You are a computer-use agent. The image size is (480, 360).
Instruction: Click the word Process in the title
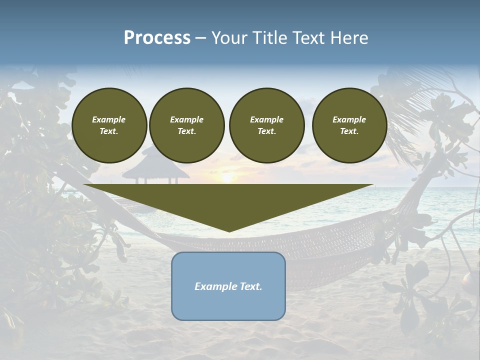(157, 38)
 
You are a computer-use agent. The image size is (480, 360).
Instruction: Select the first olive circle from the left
(109, 125)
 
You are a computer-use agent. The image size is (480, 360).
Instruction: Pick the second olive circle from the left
(186, 125)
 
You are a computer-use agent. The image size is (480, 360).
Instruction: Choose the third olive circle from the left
(266, 125)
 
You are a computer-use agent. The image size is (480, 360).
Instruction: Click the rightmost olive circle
(349, 125)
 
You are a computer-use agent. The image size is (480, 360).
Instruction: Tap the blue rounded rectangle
(228, 305)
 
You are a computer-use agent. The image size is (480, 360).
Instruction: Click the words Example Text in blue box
(228, 286)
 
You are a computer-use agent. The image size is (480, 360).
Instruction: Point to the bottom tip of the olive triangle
(229, 231)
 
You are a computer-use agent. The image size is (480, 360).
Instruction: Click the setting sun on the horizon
(227, 178)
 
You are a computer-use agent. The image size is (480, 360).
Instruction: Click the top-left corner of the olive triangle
(84, 185)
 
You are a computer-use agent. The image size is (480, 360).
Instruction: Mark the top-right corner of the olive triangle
(372, 185)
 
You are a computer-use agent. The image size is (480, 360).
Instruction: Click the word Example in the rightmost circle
(349, 119)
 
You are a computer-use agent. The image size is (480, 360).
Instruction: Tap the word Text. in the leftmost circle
(109, 131)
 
